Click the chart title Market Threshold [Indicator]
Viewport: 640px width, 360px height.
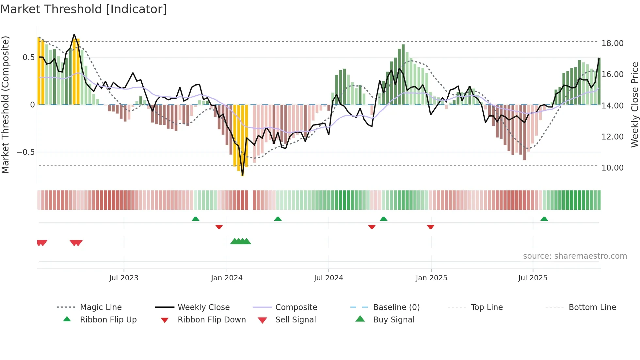[x=84, y=9]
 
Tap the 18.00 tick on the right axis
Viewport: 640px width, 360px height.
[x=612, y=43]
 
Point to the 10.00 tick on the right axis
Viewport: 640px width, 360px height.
[x=612, y=168]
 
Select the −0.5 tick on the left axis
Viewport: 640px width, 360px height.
[x=25, y=152]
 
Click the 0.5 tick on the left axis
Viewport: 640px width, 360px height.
[x=28, y=57]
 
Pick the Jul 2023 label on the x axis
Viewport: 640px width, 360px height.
[x=124, y=278]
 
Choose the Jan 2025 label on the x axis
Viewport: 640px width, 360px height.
[x=431, y=278]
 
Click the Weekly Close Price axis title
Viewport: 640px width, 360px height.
[x=634, y=105]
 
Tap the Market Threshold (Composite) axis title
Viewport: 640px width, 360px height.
[x=5, y=105]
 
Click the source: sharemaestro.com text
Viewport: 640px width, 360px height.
[x=575, y=256]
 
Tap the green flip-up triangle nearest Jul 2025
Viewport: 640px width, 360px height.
[x=544, y=219]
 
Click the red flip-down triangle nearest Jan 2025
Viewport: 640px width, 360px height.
[x=430, y=227]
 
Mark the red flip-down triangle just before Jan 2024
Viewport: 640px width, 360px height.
[x=219, y=227]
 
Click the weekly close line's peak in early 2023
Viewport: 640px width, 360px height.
[x=74, y=34]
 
